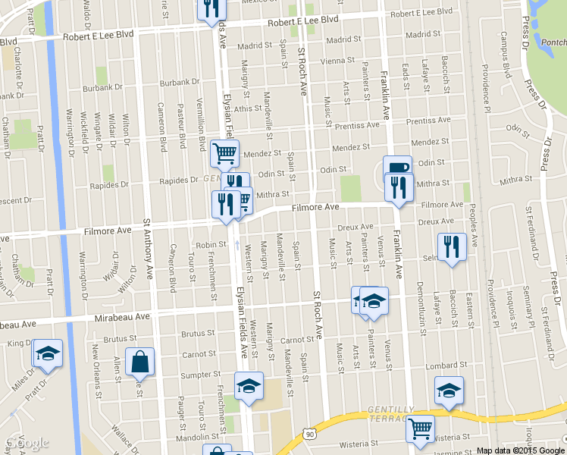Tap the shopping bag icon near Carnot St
click(x=141, y=362)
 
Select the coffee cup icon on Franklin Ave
click(x=396, y=168)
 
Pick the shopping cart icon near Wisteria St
click(x=419, y=428)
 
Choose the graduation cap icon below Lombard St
click(x=449, y=391)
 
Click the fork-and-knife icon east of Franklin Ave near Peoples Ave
click(x=451, y=246)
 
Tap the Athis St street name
click(x=247, y=108)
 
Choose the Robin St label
click(x=211, y=245)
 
